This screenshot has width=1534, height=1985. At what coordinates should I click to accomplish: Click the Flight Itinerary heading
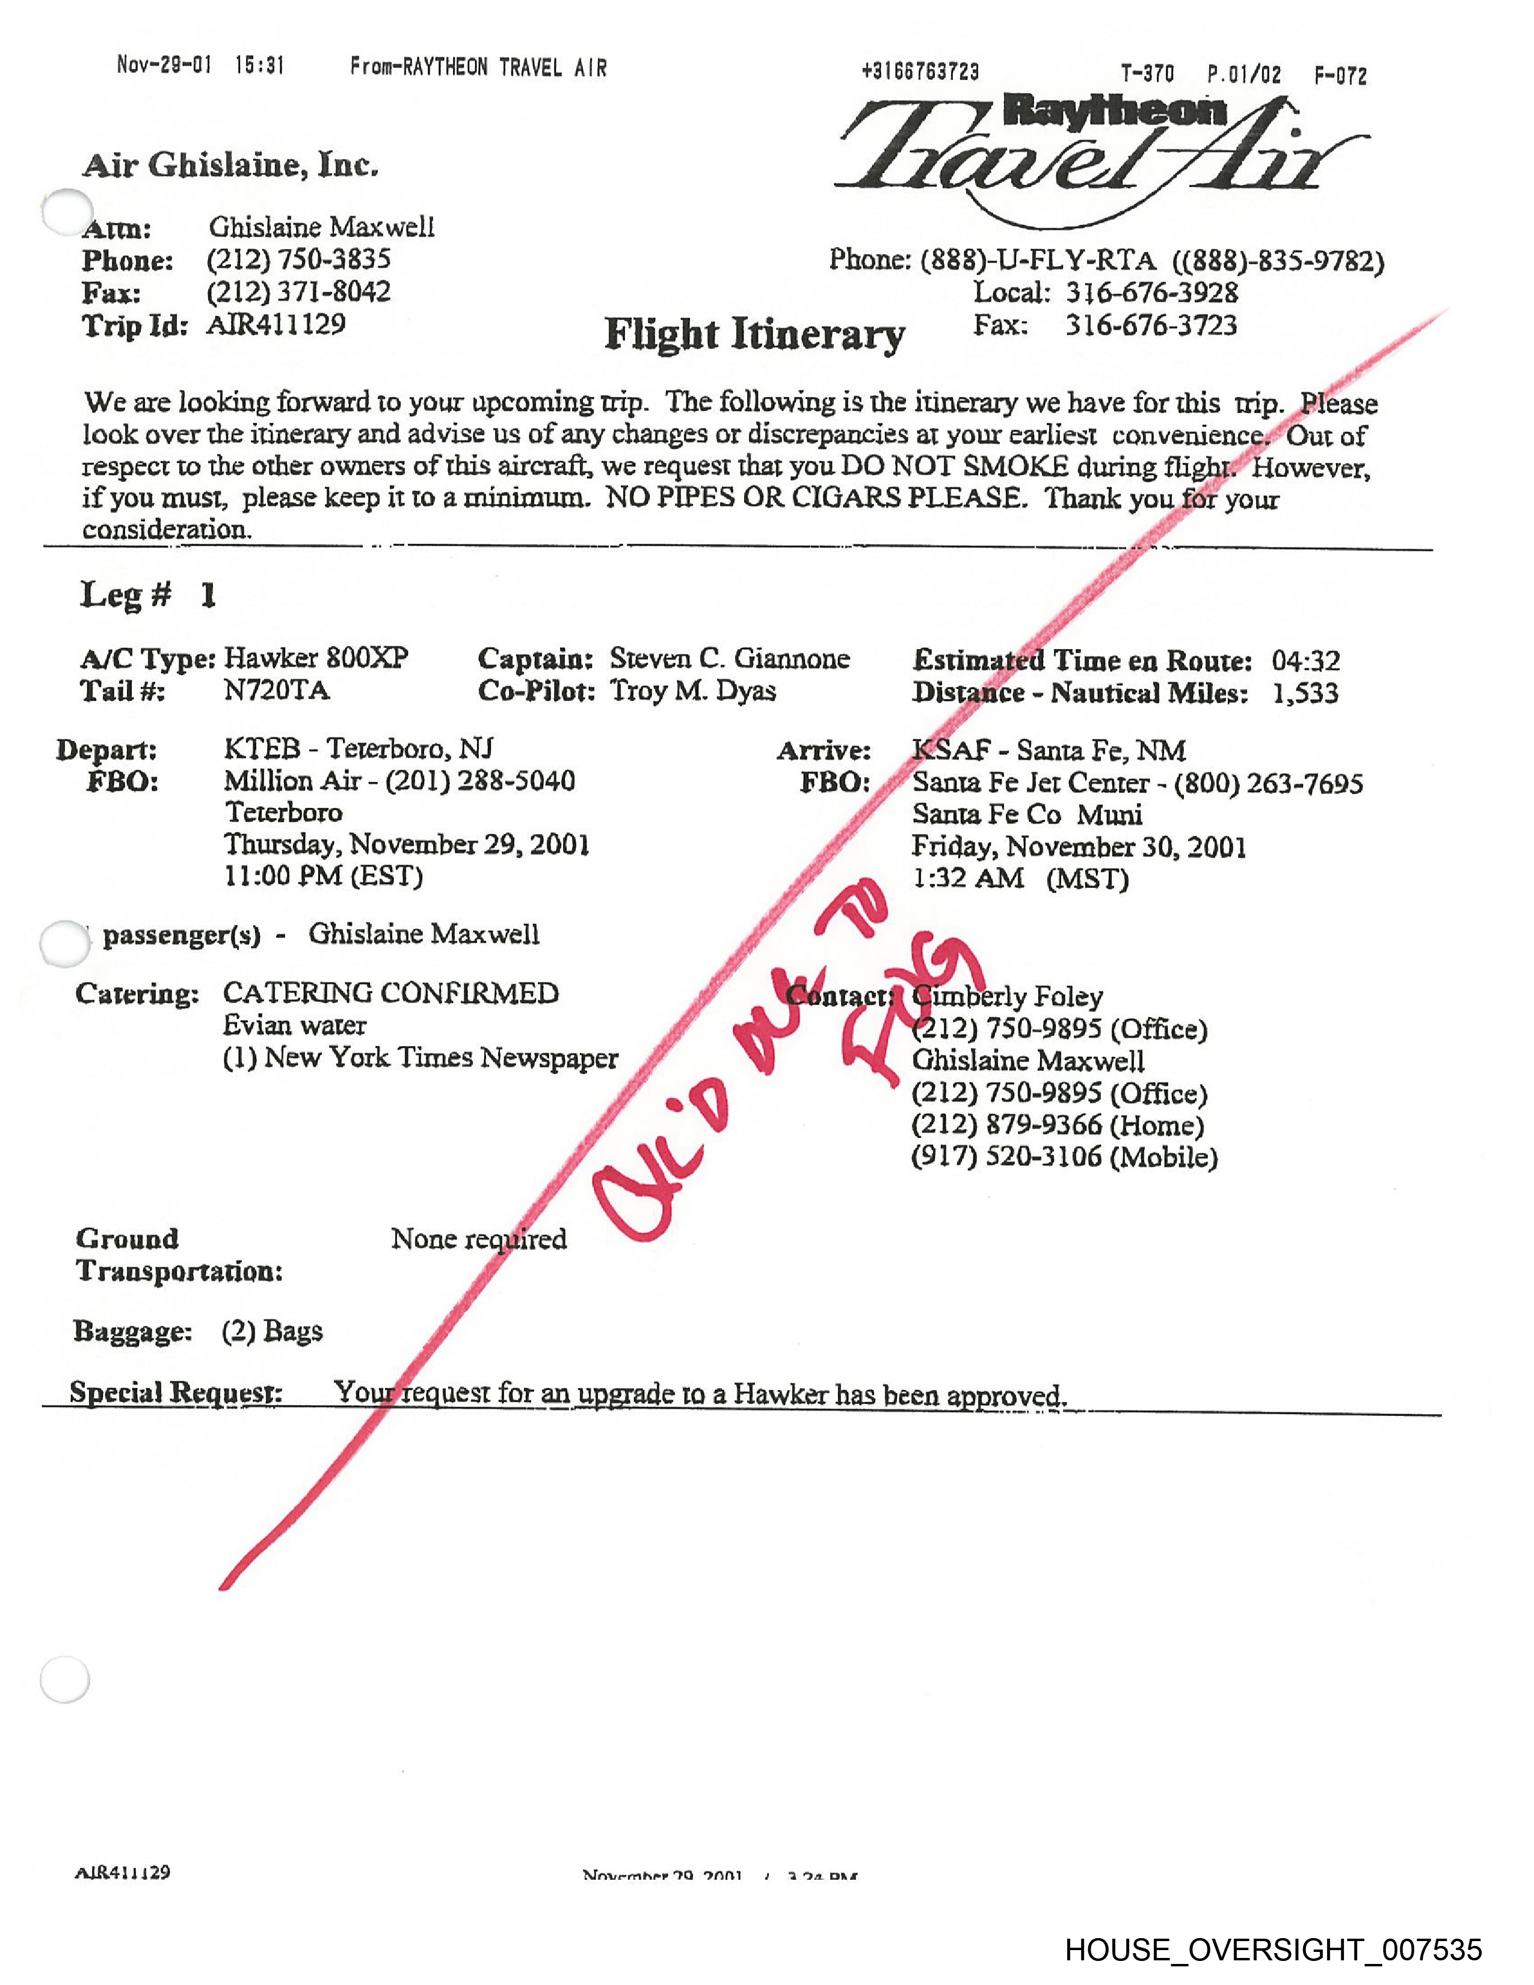point(754,334)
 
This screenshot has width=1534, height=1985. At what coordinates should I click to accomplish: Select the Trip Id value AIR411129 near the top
point(276,324)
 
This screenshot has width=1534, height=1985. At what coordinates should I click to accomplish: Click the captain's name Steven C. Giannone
point(729,658)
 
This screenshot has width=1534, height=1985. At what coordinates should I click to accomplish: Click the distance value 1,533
point(1305,694)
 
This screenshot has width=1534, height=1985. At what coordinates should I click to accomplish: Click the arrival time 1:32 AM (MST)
point(1020,879)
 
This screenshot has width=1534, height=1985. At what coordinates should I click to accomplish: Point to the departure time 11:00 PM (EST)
point(324,876)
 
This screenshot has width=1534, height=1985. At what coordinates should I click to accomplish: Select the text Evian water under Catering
point(294,1025)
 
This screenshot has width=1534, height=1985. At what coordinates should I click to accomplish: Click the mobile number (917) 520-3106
point(1064,1157)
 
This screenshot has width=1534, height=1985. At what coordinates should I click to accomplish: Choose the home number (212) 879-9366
point(1058,1125)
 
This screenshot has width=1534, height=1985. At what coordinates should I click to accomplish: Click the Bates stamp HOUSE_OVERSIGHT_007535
point(1273,1949)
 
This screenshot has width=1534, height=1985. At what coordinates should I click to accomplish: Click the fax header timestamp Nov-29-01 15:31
point(201,66)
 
